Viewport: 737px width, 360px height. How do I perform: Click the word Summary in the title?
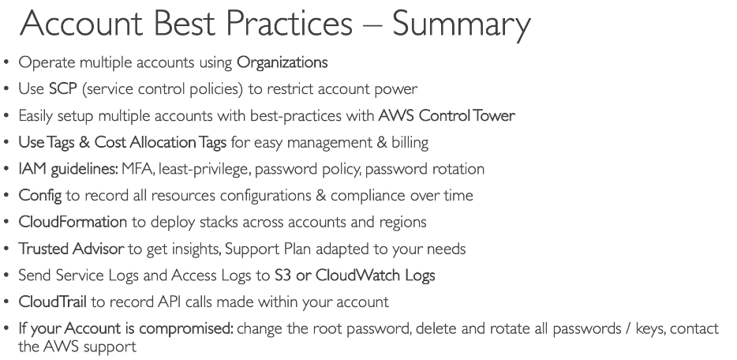pyautogui.click(x=462, y=24)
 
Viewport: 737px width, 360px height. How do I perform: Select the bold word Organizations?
pyautogui.click(x=282, y=63)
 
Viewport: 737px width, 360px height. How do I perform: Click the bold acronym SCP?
pyautogui.click(x=62, y=89)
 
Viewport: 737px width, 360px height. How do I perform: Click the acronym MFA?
pyautogui.click(x=137, y=169)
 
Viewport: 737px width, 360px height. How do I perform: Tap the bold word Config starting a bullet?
pyautogui.click(x=40, y=196)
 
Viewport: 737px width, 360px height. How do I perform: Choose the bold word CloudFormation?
pyautogui.click(x=73, y=222)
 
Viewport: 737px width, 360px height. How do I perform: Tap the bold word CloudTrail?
pyautogui.click(x=53, y=302)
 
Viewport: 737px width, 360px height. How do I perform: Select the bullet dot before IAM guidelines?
pyautogui.click(x=6, y=170)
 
